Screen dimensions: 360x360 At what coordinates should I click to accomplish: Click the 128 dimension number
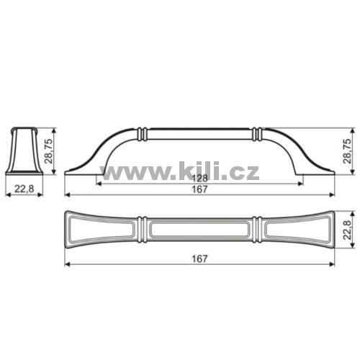(x=200, y=179)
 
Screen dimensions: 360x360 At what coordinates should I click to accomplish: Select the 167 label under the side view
(x=199, y=189)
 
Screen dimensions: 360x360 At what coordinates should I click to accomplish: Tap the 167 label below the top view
(x=199, y=259)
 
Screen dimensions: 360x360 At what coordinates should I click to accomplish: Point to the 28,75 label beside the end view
(x=48, y=151)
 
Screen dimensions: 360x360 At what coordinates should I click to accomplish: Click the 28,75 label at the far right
(x=347, y=151)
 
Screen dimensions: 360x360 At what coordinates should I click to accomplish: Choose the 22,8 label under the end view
(x=24, y=189)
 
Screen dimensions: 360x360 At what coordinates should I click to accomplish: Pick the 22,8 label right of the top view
(x=347, y=230)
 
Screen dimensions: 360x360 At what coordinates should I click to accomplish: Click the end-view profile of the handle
(x=24, y=150)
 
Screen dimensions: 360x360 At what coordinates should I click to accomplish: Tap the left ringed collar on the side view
(x=143, y=133)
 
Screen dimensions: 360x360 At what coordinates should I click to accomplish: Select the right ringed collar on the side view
(x=257, y=133)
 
